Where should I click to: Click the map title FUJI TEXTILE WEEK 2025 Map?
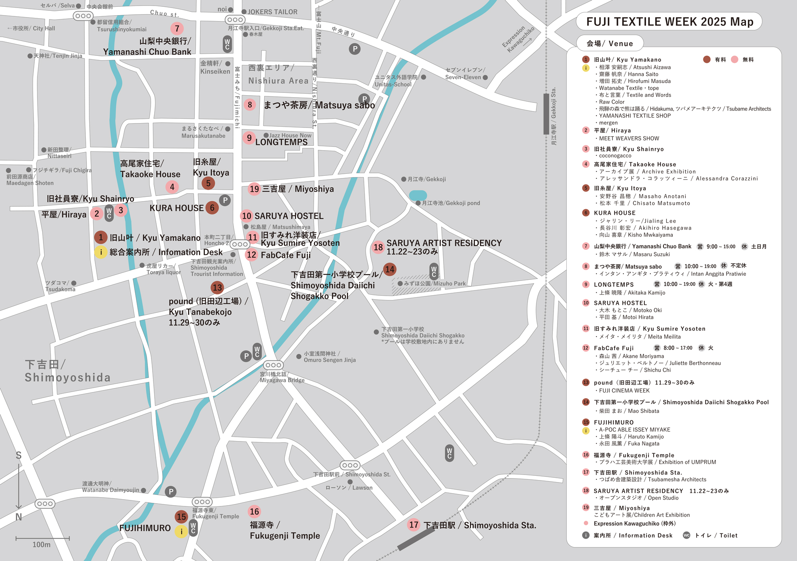669,22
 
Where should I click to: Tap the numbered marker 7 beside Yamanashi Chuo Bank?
177,28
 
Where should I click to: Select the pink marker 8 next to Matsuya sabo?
250,105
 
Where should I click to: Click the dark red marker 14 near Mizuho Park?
389,270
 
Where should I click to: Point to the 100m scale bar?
43,539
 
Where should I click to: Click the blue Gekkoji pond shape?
418,195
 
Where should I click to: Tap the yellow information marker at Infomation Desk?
101,252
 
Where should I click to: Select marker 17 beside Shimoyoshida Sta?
414,525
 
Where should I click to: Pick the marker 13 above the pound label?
217,288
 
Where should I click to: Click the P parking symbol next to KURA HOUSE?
225,200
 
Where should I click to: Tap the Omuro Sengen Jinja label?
329,357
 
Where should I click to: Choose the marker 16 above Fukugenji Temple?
254,512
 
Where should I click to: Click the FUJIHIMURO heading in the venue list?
613,422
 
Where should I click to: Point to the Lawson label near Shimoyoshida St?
349,488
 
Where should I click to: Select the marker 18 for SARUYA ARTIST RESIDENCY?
378,247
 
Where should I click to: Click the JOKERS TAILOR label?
273,12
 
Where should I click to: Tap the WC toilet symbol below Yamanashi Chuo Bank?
227,44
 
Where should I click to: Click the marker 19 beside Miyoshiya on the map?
254,189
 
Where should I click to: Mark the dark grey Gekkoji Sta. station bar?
546,114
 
